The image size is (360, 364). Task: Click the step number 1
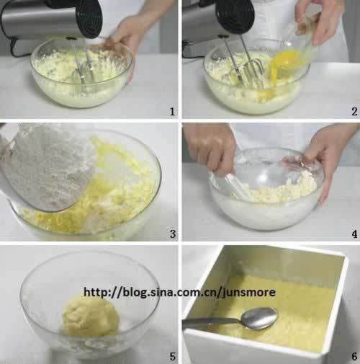click(x=172, y=112)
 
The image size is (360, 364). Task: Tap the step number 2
click(x=354, y=112)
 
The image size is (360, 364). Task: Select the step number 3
click(x=173, y=234)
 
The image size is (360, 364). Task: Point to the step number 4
click(x=354, y=234)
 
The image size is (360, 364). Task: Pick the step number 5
click(x=173, y=356)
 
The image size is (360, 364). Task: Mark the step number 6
click(x=354, y=356)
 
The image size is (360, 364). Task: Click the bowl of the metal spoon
click(x=258, y=318)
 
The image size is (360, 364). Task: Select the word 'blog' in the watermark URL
click(x=135, y=293)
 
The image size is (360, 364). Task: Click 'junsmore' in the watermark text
click(x=248, y=293)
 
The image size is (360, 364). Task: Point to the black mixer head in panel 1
click(x=89, y=17)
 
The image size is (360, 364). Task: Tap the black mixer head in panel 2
click(x=235, y=16)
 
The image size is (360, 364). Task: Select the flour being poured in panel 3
click(x=49, y=166)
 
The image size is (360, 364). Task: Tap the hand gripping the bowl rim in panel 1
click(x=125, y=36)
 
